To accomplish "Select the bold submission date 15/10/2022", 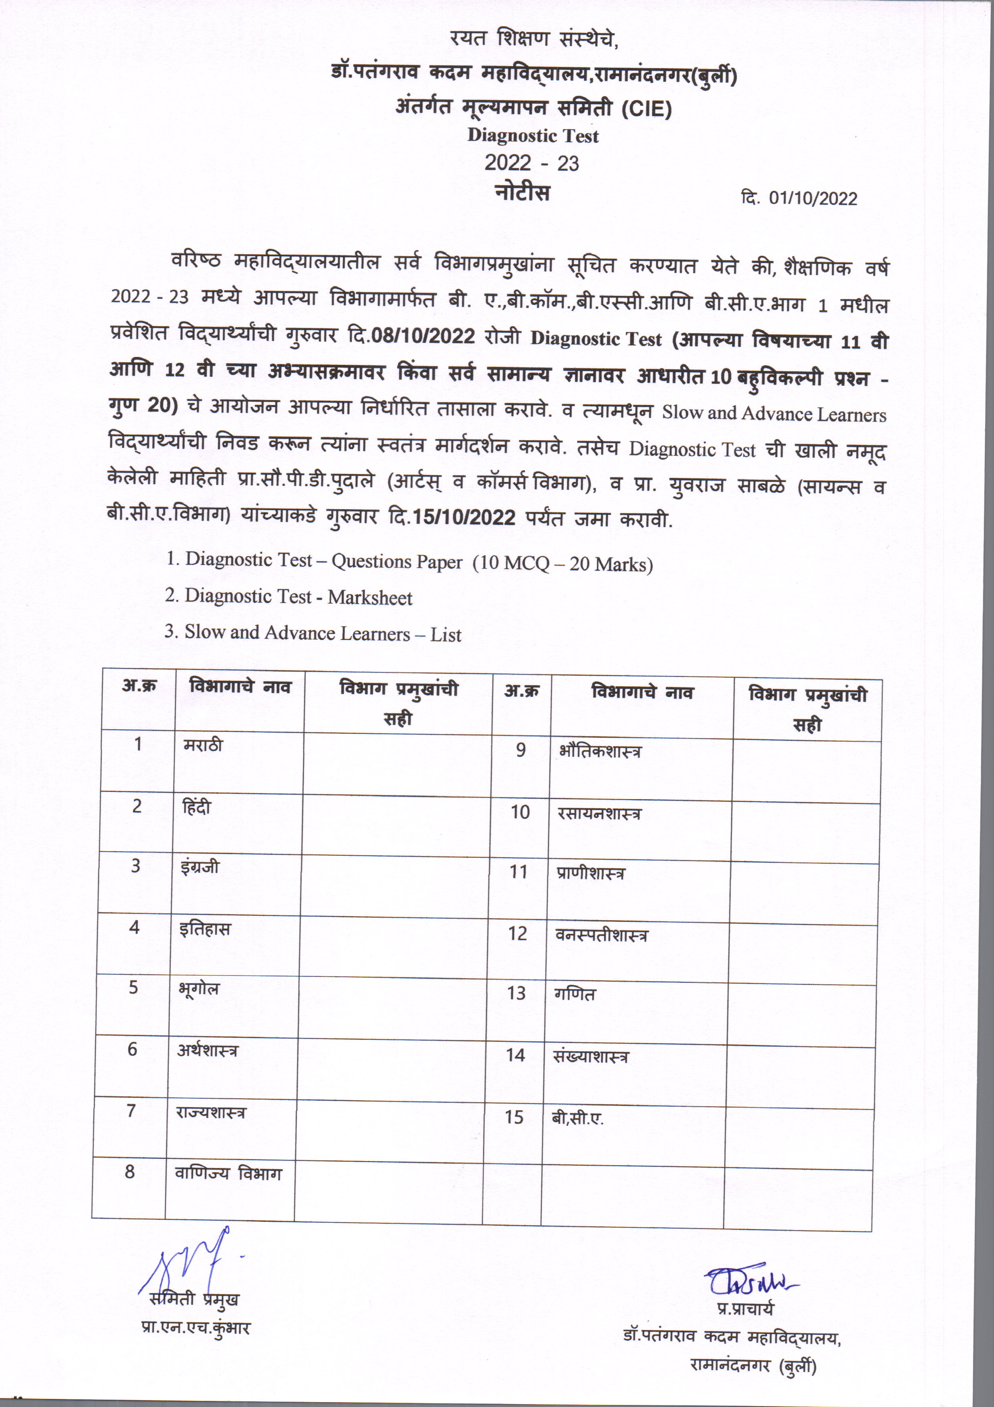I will tap(464, 517).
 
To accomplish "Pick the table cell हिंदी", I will tap(197, 807).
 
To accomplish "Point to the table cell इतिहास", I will tap(205, 929).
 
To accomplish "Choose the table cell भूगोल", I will tap(198, 988).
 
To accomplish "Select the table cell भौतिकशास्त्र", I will tap(600, 751).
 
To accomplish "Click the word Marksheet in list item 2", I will tap(370, 597).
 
